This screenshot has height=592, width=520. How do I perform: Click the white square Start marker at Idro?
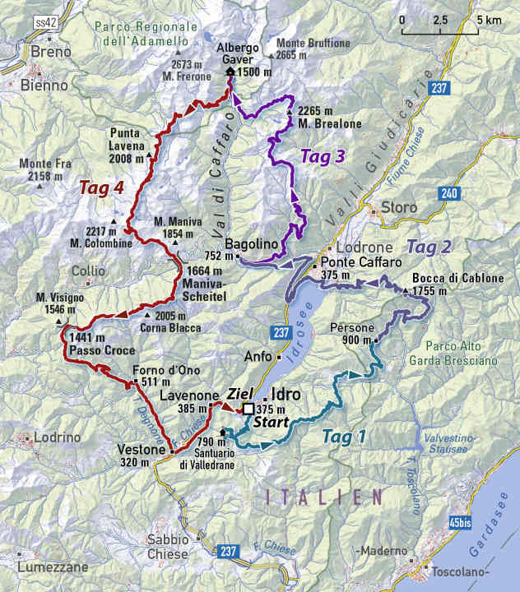pos(248,409)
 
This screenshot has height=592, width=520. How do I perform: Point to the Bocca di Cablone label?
pos(458,278)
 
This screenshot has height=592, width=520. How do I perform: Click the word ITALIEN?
pos(324,497)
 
